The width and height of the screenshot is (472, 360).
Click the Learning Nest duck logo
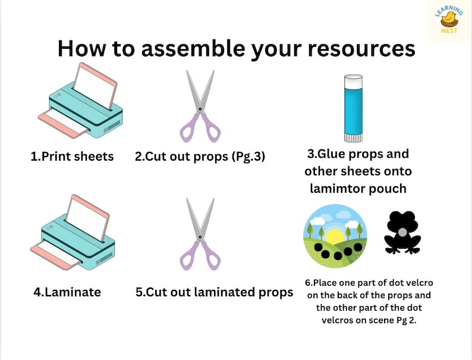tap(449, 20)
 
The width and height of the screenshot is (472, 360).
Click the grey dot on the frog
tap(402, 231)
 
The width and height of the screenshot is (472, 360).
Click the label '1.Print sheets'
tap(72, 157)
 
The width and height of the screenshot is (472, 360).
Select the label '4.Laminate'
tap(67, 292)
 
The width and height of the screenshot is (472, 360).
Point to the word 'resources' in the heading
tap(355, 49)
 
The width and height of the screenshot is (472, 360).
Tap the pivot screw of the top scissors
tap(200, 109)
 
